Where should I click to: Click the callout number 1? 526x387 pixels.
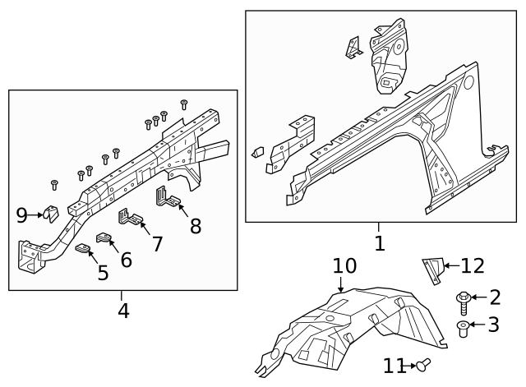[380, 243]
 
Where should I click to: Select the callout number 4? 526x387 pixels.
[123, 311]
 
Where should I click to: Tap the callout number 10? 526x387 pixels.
[344, 265]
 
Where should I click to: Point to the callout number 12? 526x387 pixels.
[473, 266]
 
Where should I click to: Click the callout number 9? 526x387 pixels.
[22, 215]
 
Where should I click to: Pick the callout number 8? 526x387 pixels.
[196, 226]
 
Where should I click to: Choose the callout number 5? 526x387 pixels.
[103, 273]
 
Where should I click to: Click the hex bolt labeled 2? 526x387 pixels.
[464, 303]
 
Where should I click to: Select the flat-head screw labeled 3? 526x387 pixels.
[463, 329]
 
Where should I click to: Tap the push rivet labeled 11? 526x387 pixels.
[423, 365]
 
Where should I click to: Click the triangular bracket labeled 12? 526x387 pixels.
[434, 271]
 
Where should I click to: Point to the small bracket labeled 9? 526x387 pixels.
[51, 214]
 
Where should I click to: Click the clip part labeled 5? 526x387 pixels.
[82, 249]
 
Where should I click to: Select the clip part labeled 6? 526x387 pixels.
[104, 237]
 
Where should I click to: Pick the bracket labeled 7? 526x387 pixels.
[130, 216]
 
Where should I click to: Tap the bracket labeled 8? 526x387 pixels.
[168, 197]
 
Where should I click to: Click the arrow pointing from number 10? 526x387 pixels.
[340, 285]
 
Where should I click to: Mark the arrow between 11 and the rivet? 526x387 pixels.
[411, 366]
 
